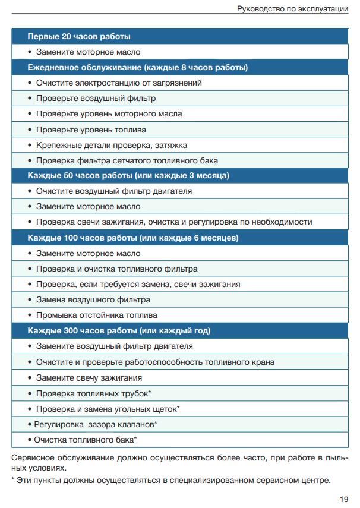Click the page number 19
tap(344, 499)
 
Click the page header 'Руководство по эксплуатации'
tap(292, 8)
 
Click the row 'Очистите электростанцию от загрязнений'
tap(119, 83)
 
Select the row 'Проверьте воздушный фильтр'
tap(96, 99)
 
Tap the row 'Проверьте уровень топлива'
tap(91, 130)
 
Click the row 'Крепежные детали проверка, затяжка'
tap(112, 145)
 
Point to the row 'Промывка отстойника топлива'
tap(96, 315)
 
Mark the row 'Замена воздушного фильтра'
tap(93, 299)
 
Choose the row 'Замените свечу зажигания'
tap(89, 377)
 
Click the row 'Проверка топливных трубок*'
tap(93, 393)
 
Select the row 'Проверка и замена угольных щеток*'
tap(108, 409)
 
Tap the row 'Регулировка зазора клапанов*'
tap(95, 424)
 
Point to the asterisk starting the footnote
tap(13, 480)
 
